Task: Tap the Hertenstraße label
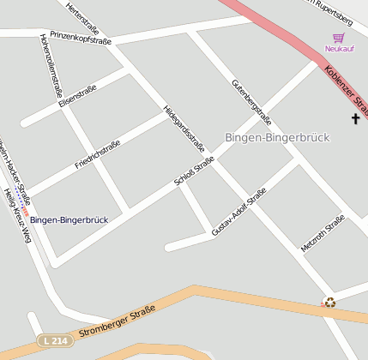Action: (82, 18)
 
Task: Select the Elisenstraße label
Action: (78, 96)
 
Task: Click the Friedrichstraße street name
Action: (97, 153)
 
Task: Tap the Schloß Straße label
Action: (194, 171)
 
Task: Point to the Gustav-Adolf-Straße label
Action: (238, 212)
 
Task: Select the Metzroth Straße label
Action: (323, 234)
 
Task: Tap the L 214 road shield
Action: (53, 341)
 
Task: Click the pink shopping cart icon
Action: (338, 38)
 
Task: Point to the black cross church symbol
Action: (355, 118)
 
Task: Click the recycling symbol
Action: (329, 302)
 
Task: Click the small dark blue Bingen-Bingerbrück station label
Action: (69, 220)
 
